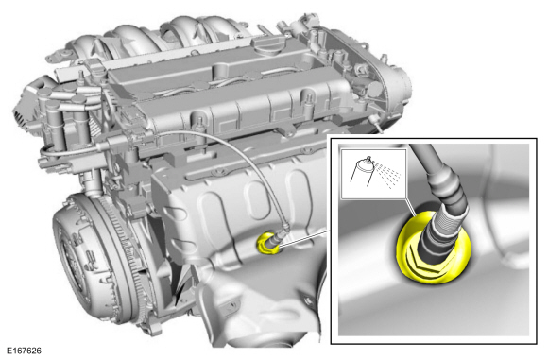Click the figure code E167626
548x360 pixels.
tap(24, 351)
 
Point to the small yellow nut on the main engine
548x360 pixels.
tap(267, 242)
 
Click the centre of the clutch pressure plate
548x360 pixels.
tap(76, 261)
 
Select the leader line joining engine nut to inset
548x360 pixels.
tap(303, 238)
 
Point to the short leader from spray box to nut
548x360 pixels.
tap(411, 208)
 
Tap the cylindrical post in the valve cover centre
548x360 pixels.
tap(219, 70)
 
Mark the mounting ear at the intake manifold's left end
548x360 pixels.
tap(59, 55)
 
